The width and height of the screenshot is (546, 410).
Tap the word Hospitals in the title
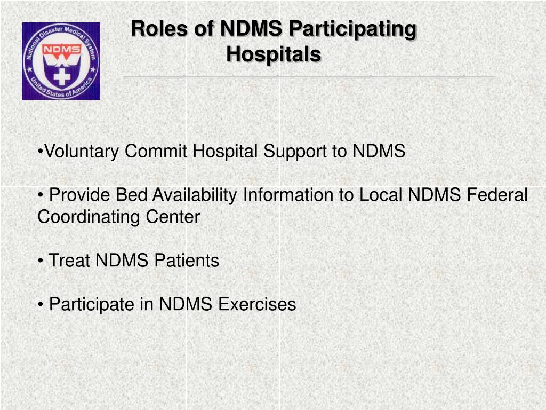click(274, 54)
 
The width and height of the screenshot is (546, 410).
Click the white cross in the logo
click(62, 77)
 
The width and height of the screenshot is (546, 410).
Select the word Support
click(295, 152)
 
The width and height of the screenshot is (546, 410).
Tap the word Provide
click(80, 195)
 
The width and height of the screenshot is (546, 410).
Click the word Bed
click(131, 195)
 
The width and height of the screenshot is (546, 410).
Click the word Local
click(381, 195)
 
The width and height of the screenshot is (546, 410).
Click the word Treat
click(69, 261)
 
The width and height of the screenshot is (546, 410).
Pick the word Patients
click(187, 261)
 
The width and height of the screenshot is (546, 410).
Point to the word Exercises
click(256, 305)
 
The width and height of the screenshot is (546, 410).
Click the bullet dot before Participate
click(41, 305)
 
